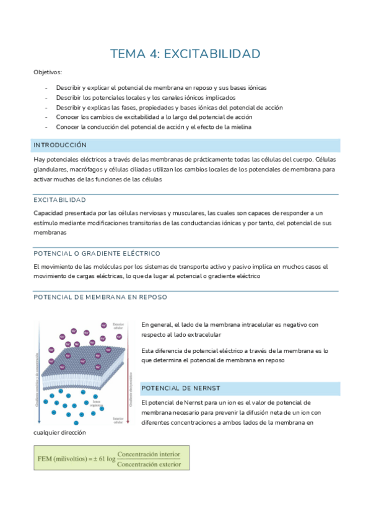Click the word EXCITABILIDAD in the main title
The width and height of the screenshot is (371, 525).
(212, 54)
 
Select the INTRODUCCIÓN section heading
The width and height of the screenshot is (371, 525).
(59, 144)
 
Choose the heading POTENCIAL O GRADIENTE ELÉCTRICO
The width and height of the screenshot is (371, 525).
(97, 253)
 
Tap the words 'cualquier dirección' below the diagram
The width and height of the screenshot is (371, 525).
(59, 432)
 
